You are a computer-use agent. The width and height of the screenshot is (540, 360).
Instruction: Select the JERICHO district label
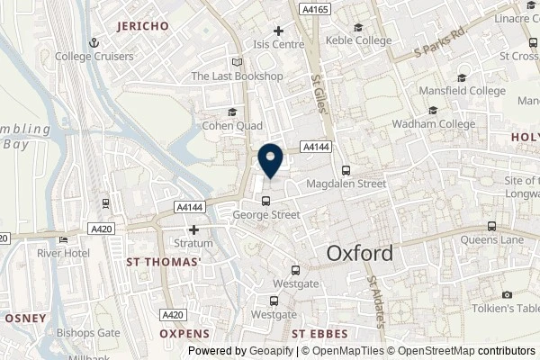click(143, 27)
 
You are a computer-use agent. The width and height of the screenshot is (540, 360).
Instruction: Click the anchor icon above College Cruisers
click(94, 41)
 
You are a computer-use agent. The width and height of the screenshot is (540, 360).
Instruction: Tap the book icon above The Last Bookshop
click(237, 62)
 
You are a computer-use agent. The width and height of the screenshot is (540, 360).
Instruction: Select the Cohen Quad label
click(231, 125)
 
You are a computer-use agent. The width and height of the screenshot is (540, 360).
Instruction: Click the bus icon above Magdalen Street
click(346, 170)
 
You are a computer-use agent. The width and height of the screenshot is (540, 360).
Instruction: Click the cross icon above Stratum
click(193, 230)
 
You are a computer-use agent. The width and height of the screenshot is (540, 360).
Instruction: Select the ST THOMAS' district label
click(163, 262)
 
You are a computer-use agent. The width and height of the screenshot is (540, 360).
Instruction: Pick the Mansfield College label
click(463, 91)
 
